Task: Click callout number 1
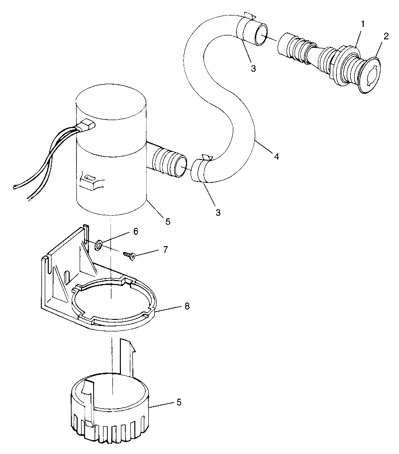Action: pyautogui.click(x=363, y=23)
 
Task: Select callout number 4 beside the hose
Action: pyautogui.click(x=276, y=156)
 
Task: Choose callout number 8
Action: pyautogui.click(x=187, y=306)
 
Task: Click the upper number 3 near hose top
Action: pyautogui.click(x=253, y=69)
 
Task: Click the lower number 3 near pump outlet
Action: pyautogui.click(x=218, y=212)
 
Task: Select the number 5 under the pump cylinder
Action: pyautogui.click(x=167, y=221)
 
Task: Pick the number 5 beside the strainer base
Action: pyautogui.click(x=179, y=402)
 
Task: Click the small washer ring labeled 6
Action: pyautogui.click(x=99, y=245)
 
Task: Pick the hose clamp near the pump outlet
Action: pyautogui.click(x=201, y=169)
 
